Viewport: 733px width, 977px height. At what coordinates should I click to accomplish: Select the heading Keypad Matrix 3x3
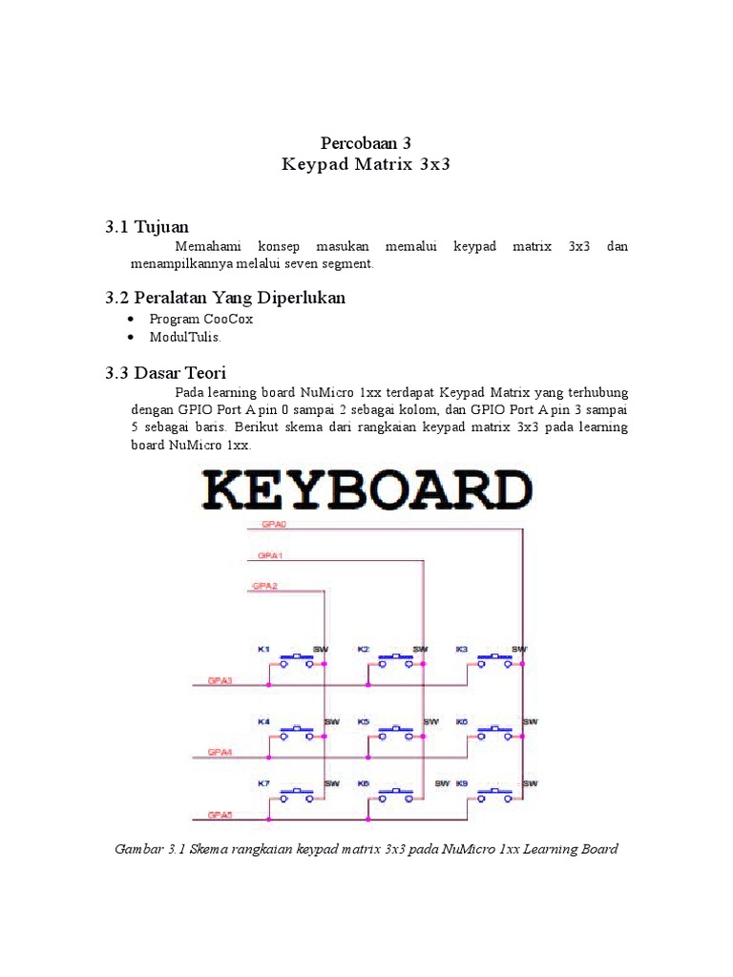tap(366, 165)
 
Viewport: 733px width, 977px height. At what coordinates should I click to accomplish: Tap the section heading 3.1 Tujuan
tap(147, 226)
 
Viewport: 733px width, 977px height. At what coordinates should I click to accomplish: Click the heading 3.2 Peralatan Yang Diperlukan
tap(225, 298)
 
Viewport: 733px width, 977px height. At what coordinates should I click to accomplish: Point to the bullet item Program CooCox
tap(201, 319)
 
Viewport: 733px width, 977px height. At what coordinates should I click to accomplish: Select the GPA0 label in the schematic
tap(261, 525)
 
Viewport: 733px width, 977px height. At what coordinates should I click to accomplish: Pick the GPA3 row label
tap(220, 681)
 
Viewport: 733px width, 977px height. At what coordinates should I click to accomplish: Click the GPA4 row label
tap(220, 752)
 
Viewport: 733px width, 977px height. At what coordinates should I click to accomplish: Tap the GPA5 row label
tap(220, 816)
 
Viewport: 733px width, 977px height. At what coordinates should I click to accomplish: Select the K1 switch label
tap(263, 650)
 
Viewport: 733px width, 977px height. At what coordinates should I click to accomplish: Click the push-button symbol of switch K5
tap(394, 731)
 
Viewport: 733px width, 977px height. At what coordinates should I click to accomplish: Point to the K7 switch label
tap(263, 783)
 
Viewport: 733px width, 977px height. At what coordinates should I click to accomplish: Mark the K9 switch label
tap(462, 783)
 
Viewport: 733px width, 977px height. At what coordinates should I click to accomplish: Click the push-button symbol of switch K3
tap(493, 658)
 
